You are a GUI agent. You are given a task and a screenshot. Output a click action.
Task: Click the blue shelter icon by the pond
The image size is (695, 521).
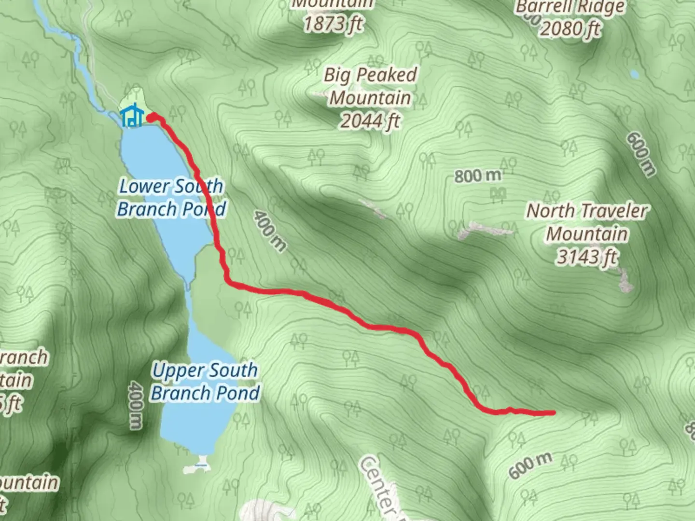pos(131,116)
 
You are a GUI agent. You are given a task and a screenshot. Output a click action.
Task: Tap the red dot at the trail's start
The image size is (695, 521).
pos(151,117)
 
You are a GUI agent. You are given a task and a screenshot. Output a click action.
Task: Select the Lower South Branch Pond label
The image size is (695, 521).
pos(171,197)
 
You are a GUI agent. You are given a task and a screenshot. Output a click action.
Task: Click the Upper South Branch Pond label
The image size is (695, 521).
pos(205,381)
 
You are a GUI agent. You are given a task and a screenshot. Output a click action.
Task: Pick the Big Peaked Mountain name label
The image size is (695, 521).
pos(370,86)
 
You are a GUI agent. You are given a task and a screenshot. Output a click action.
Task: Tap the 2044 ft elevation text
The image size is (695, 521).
pos(370,121)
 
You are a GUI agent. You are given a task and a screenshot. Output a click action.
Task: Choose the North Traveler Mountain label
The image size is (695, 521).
pos(587,222)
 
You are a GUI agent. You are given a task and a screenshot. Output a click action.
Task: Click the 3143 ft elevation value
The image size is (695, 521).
pos(587,257)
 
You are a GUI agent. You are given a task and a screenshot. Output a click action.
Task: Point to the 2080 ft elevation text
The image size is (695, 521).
pos(570,29)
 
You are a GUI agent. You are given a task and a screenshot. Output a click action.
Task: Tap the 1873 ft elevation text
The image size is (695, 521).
pos(333,23)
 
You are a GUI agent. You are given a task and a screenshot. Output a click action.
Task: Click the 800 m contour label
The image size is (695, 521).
pos(477,176)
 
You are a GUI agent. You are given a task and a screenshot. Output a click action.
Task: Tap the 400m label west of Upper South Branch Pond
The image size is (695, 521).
pos(136,405)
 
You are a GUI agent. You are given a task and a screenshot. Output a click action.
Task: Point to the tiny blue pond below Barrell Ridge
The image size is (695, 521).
pos(634,74)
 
